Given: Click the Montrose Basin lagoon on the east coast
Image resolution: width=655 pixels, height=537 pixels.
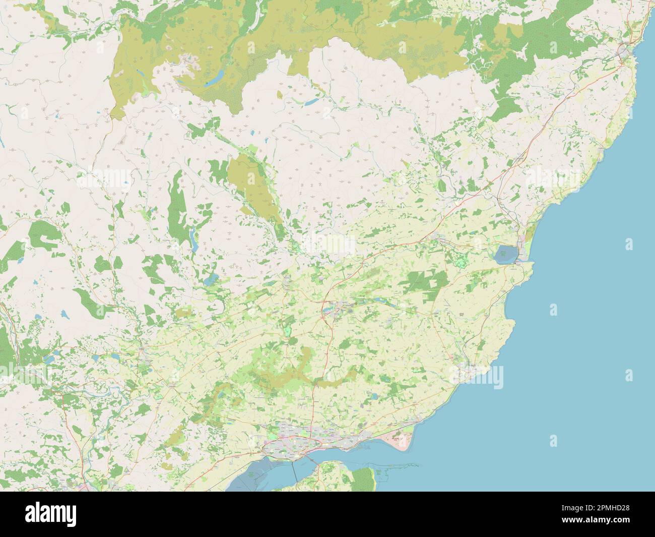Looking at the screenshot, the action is [x=505, y=255].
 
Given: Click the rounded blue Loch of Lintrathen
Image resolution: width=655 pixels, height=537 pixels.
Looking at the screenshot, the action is [x=213, y=278].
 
